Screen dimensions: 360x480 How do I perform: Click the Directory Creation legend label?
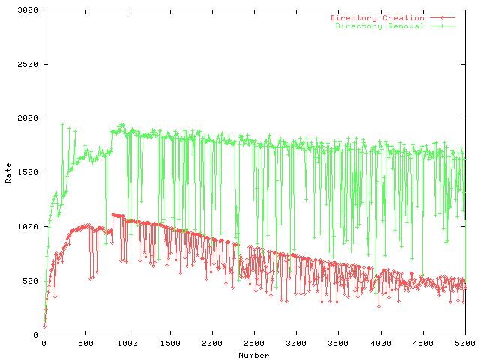377,17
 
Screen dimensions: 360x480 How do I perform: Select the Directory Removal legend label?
379,25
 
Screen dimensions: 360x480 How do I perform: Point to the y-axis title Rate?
8,173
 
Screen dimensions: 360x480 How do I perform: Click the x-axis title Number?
254,355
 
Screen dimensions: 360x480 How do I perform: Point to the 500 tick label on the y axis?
32,280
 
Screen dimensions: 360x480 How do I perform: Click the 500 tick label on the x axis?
85,344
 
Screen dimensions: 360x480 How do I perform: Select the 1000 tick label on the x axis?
127,344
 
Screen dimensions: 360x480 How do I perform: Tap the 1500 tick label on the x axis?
170,344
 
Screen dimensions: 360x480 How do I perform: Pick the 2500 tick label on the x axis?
254,344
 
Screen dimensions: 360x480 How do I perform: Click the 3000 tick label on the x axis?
296,344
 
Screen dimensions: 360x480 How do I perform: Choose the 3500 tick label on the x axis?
339,344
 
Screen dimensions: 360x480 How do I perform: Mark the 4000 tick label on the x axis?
381,344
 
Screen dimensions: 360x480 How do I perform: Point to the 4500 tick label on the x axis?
423,344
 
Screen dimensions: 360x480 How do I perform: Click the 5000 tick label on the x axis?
465,344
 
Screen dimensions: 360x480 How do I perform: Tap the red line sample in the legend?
443,17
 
